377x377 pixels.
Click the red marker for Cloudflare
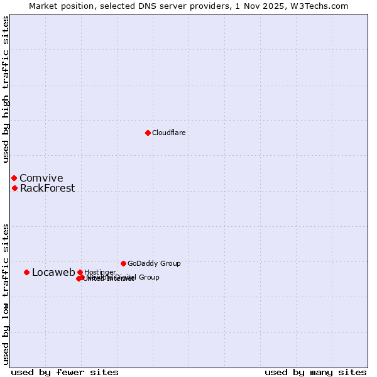point(148,133)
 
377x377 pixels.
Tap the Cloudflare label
point(169,133)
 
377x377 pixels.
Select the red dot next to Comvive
point(14,178)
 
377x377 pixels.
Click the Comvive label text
point(41,178)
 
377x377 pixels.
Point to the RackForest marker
point(14,188)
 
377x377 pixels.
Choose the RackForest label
point(47,188)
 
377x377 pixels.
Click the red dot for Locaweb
point(26,272)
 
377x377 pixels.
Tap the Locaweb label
point(53,272)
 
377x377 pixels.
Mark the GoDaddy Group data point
point(123,263)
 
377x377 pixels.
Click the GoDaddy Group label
point(154,263)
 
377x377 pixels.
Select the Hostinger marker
point(80,272)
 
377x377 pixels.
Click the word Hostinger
point(101,272)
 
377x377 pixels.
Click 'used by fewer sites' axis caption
point(65,373)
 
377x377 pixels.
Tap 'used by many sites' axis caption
point(315,373)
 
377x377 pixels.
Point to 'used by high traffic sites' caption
point(6,89)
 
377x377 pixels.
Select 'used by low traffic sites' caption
point(6,294)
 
